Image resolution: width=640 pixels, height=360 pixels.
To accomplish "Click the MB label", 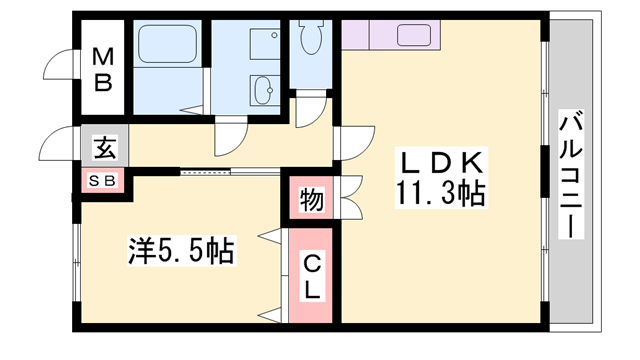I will tap(103, 69).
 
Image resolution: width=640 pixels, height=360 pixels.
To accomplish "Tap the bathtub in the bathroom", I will tap(169, 46).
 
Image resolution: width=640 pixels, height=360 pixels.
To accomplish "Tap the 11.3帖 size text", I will tap(441, 193).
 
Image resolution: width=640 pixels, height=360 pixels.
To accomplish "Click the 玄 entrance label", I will tap(103, 150).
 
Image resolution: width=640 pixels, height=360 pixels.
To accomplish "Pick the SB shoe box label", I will tap(103, 181).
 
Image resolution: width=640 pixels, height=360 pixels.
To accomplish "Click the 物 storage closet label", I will tap(312, 200).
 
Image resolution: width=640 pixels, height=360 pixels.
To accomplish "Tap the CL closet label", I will tap(312, 277).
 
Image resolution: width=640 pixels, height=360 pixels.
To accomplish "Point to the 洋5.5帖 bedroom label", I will tap(181, 250).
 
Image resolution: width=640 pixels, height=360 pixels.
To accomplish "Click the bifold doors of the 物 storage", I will tap(350, 198).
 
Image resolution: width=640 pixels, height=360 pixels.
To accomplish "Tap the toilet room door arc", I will tap(311, 107).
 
